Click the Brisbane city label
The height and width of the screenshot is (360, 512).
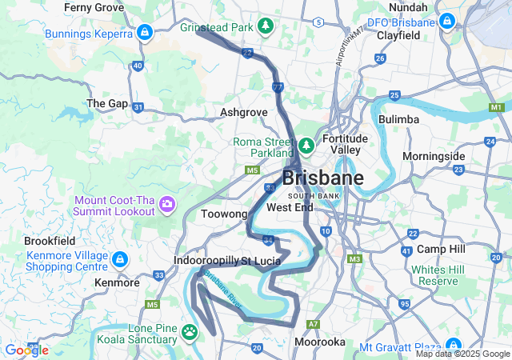coord(322,178)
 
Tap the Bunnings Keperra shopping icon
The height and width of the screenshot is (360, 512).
coord(145,34)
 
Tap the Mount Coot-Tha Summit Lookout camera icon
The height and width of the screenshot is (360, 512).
coord(168,205)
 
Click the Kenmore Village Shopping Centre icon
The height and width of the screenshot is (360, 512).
coord(119,260)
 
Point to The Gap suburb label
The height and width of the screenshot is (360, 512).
coord(106,103)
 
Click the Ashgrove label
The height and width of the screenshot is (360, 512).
coord(243,112)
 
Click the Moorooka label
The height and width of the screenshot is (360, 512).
coord(318,342)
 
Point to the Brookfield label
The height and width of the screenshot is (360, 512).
coord(50,240)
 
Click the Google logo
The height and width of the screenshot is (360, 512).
coord(26,350)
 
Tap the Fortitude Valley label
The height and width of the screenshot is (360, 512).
coord(345,144)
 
